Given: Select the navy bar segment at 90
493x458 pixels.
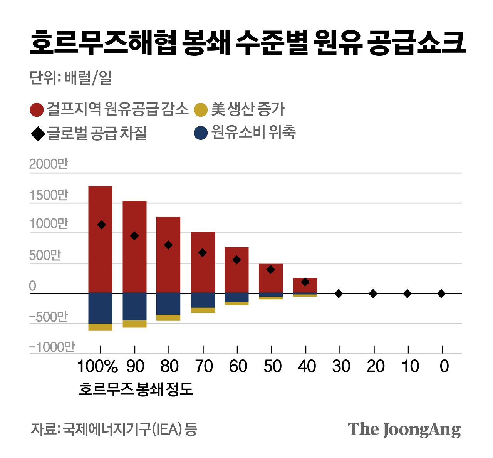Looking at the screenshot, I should coord(134,307).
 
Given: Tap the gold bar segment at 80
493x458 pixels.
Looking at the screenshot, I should coord(168,318).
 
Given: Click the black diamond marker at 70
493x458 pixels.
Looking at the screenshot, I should coord(203,253).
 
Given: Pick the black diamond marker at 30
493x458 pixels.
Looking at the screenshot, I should coord(339,294).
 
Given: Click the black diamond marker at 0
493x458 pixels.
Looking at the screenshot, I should coord(441,294).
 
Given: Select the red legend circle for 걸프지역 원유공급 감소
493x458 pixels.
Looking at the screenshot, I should coord(37,110).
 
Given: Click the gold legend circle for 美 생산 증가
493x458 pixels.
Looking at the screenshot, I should coord(201,110).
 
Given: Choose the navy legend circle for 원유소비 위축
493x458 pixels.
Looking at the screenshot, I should coord(201,133).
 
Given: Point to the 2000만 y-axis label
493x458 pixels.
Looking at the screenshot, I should coord(49,164).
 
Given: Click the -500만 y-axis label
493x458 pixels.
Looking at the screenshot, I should coord(49,317).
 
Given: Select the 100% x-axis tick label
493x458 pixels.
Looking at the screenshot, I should coord(97,366).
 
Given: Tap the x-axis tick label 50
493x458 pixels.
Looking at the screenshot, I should coord(272,366).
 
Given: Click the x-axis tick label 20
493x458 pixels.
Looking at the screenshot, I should coord(375,366).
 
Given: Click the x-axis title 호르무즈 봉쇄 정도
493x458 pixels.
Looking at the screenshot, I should coord(136,389).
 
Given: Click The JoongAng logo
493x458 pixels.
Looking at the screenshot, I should coord(404,429).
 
